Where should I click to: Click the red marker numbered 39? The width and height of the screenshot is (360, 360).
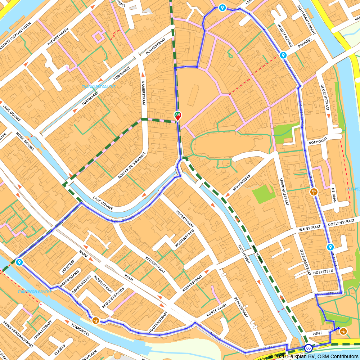point(177,116)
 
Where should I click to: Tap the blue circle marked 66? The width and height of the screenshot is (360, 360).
point(308,348)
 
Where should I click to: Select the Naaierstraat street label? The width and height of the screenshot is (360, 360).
point(143,93)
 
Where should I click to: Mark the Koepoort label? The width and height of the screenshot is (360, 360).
point(317,142)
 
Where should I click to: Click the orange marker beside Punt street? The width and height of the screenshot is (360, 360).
point(343,331)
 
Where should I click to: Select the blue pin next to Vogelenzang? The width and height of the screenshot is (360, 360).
point(283,55)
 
